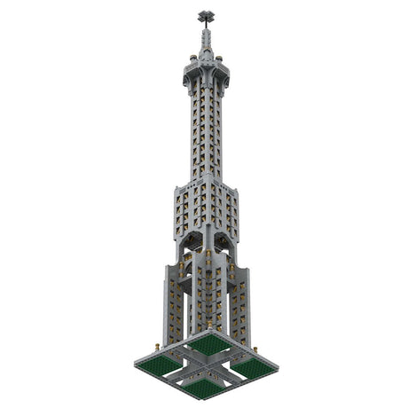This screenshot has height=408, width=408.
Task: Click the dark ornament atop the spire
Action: [206, 15]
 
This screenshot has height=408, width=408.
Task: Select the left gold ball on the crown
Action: [192, 59]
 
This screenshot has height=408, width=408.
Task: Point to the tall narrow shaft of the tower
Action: [206, 133]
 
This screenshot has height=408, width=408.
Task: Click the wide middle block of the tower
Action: [206, 208]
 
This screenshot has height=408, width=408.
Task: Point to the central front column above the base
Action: [206, 293]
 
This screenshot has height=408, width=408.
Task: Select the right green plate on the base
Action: [252, 365]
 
